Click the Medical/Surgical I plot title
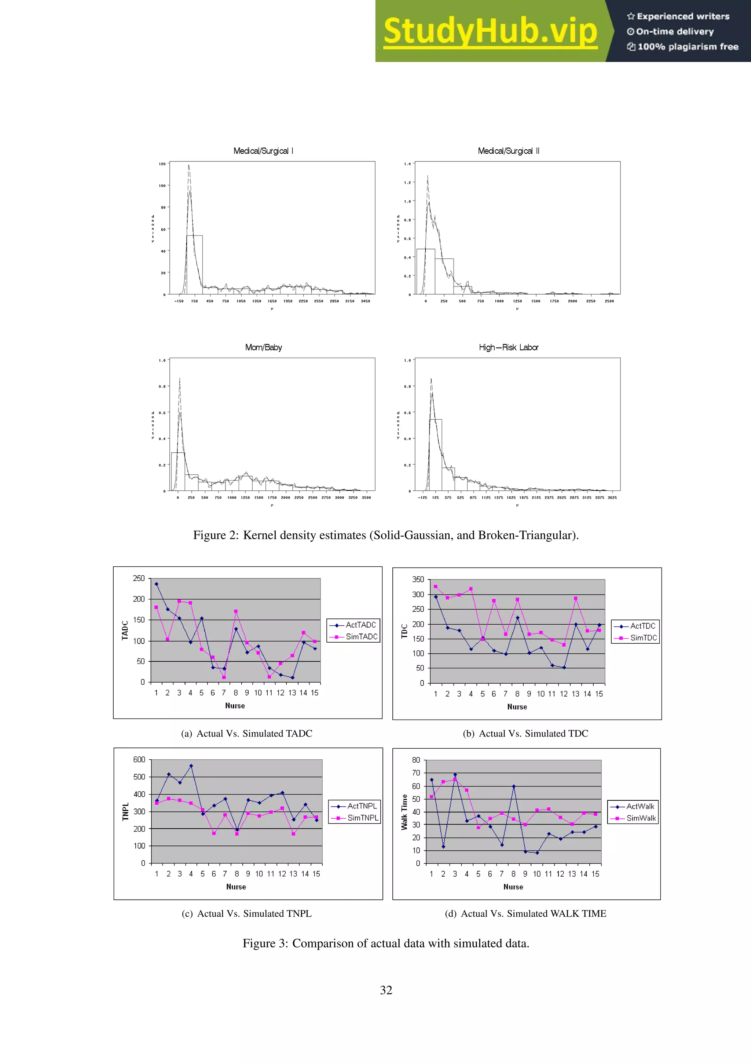pos(263,151)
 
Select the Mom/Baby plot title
pos(263,347)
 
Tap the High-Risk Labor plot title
pos(508,347)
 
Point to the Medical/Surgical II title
pos(508,151)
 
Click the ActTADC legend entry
pos(360,625)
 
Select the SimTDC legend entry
pos(643,638)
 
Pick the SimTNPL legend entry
pos(363,818)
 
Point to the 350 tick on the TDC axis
pos(418,579)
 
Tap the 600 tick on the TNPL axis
pos(139,759)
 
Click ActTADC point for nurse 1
pos(157,584)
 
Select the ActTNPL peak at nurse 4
pos(191,766)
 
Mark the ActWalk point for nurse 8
pos(514,786)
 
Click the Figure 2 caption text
pos(385,535)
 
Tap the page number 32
pos(386,990)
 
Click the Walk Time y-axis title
pos(404,812)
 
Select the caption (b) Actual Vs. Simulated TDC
pos(525,733)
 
